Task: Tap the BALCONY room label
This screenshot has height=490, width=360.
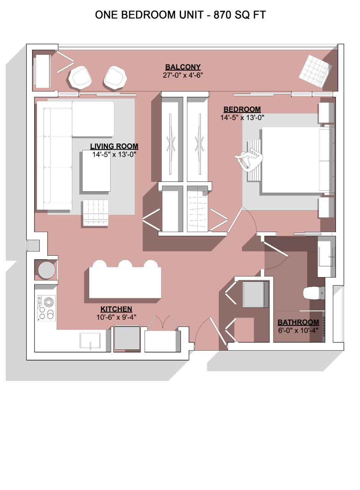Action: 183,67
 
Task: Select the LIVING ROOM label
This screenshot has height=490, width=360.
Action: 114,146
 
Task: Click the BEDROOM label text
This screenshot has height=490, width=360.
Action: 242,109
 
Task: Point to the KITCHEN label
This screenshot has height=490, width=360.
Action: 116,309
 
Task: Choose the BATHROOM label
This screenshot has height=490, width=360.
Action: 298,322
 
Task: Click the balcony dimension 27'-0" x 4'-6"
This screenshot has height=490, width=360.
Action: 183,75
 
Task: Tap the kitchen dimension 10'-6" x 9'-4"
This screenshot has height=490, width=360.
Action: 116,317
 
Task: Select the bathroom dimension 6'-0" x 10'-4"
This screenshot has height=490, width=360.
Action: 298,330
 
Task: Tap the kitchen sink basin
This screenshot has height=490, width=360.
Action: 90,340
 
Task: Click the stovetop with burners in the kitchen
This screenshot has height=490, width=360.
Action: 46,308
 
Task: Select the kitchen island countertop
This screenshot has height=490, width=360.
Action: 125,282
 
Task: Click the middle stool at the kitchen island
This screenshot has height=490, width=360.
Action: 125,264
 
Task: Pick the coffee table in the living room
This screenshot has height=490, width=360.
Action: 96,171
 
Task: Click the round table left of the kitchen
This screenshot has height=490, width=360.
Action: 46,270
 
